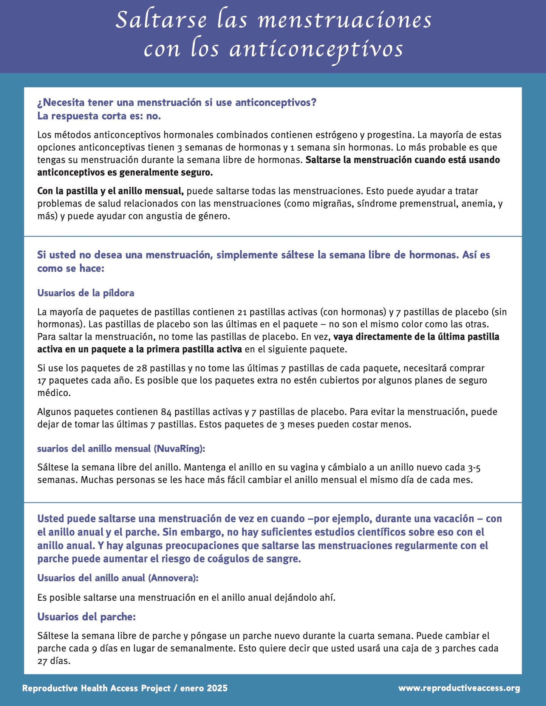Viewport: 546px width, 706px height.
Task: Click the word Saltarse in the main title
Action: coord(161,20)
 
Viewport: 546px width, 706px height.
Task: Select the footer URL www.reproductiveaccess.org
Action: coord(459,688)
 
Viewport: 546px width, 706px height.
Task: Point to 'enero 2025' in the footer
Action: coord(204,688)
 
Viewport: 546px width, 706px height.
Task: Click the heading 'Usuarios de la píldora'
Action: coord(86,293)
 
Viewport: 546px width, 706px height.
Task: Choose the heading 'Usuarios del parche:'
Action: coord(87,617)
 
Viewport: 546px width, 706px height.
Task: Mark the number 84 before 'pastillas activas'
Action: coord(166,412)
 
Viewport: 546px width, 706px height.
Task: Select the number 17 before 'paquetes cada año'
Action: coord(42,381)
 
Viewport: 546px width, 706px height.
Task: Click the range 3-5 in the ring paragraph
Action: coord(474,468)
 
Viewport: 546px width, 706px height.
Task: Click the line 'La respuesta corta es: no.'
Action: coord(99,116)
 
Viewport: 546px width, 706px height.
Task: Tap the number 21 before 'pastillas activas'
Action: coord(242,312)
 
